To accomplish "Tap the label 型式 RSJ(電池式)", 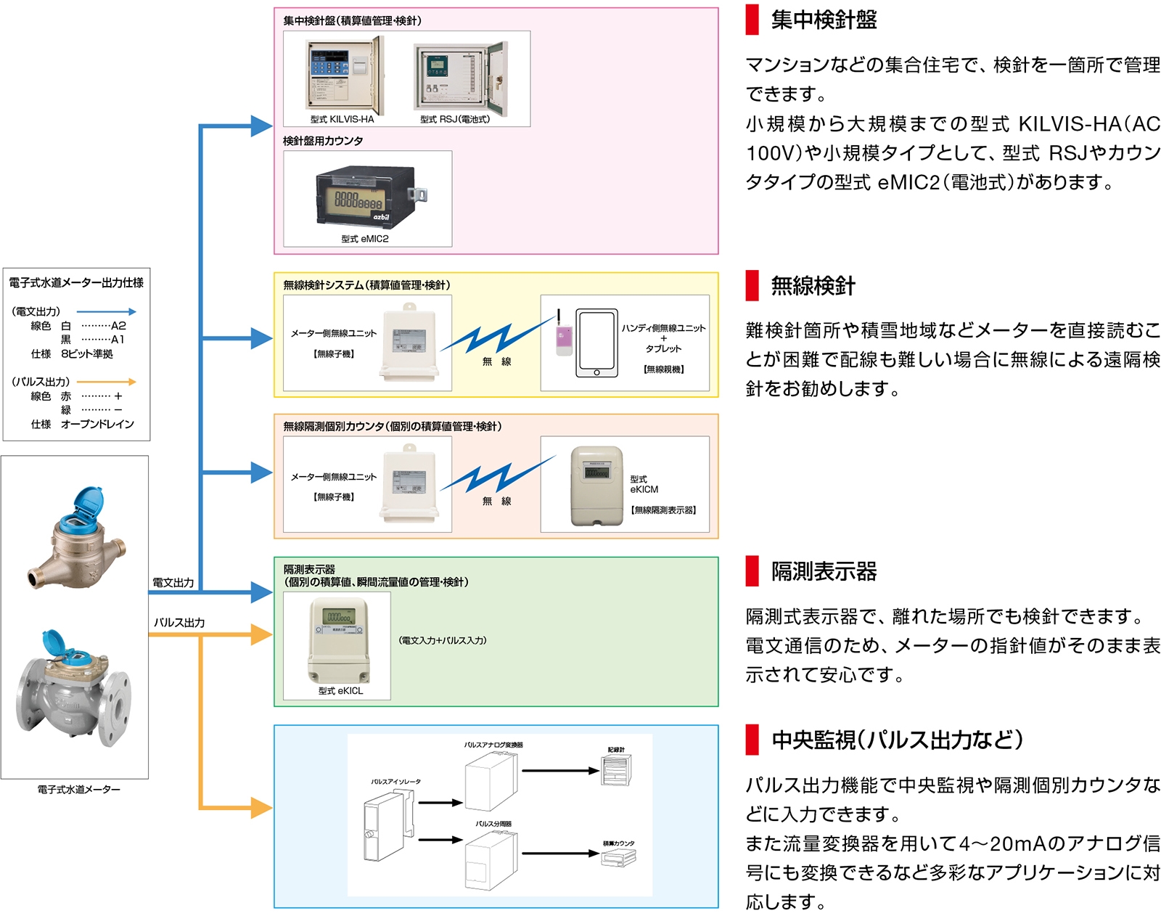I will coord(455,119).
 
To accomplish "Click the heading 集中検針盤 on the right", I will coord(824,20).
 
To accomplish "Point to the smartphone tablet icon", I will coord(596,343).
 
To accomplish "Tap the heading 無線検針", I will coord(813,286).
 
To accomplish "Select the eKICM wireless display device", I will coord(597,485).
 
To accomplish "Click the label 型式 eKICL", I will coord(340,691).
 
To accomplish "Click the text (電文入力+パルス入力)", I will coord(443,640).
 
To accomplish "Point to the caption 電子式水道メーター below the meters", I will coord(78,790).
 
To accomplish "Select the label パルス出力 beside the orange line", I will coord(179,623).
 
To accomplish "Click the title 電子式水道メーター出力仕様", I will coord(76,282).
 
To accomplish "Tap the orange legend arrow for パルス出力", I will coord(107,382).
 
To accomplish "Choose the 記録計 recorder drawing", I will coord(616,769).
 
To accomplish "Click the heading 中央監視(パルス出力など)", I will coord(897,740).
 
